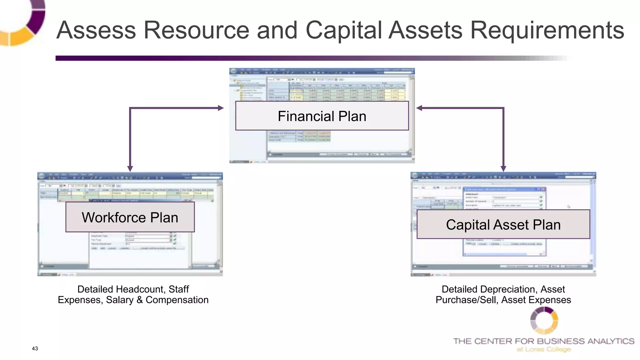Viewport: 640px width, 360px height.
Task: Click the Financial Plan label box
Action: point(322,116)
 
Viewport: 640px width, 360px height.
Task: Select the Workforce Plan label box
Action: point(130,217)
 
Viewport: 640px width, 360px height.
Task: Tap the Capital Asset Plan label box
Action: point(503,224)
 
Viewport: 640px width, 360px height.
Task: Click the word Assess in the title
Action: point(96,30)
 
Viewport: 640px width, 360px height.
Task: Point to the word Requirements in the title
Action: point(547,31)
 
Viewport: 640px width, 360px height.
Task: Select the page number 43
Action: point(35,348)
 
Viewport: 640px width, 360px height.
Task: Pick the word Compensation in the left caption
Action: point(177,300)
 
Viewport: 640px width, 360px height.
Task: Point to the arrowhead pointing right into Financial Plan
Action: point(221,108)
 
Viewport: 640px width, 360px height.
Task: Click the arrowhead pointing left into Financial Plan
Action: point(419,108)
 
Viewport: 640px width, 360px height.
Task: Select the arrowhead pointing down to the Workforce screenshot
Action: point(130,168)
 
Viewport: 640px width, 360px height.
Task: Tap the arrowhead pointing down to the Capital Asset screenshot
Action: point(503,168)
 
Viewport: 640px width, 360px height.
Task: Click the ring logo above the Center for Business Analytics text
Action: point(544,321)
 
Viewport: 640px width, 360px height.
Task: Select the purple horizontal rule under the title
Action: point(281,58)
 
